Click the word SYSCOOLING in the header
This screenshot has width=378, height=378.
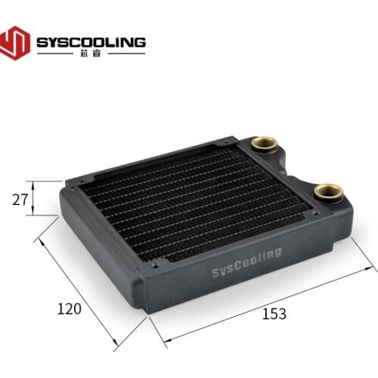click(x=91, y=41)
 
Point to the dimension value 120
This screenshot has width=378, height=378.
click(x=69, y=308)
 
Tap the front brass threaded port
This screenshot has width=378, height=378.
click(x=327, y=192)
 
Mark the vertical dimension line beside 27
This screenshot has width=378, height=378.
click(x=34, y=198)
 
